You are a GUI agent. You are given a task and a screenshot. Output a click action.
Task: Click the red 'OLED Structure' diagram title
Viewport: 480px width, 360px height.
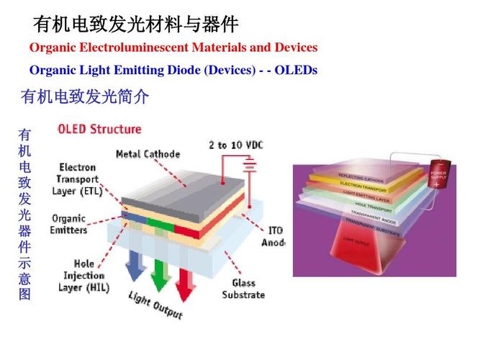point(99,130)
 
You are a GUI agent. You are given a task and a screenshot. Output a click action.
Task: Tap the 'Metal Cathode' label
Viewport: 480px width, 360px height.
point(148,154)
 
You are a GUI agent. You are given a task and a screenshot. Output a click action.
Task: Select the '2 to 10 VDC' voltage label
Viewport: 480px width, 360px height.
point(235,145)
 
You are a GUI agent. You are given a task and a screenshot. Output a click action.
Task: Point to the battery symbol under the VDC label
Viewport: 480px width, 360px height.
point(250,167)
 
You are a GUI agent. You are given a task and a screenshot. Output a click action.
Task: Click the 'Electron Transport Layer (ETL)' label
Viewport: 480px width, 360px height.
point(78,179)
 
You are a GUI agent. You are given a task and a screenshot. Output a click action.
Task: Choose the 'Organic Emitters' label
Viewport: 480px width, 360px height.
point(69,225)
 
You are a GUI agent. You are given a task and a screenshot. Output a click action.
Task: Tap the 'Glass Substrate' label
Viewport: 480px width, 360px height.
point(243,289)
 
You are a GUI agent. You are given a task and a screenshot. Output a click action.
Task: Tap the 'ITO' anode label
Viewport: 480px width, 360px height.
point(276,231)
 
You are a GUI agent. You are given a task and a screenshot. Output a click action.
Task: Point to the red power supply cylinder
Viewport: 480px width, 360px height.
point(438,175)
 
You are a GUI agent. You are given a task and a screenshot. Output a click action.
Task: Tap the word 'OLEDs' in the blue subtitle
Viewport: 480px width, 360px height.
point(296,71)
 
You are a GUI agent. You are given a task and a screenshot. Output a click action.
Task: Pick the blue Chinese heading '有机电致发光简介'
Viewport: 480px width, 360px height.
point(85,96)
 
